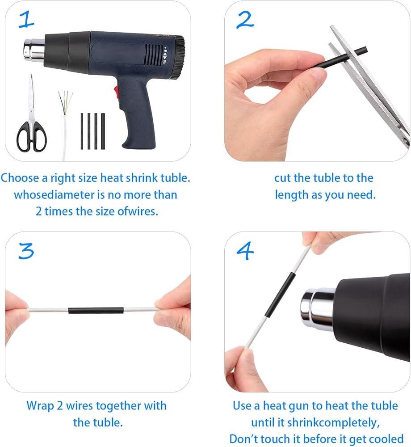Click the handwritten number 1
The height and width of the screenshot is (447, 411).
tap(26, 19)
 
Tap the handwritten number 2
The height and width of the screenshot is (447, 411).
tap(245, 20)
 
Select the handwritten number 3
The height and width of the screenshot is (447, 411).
tap(26, 251)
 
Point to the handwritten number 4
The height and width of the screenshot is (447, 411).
tap(245, 251)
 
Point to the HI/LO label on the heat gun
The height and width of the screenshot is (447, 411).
tap(165, 55)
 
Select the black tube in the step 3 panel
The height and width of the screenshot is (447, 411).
tap(96, 310)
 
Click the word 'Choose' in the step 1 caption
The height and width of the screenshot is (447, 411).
tap(20, 178)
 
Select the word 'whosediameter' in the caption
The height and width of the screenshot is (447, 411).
tap(54, 195)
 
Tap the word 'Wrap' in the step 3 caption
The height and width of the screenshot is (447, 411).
tap(40, 406)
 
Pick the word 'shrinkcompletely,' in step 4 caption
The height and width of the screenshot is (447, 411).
tap(333, 423)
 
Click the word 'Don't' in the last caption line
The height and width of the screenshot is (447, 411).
tap(243, 439)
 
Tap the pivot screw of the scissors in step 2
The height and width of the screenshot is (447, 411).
tap(405, 140)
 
